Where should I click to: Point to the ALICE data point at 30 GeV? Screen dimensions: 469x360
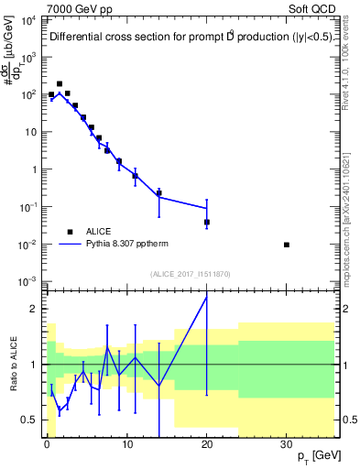point(287,245)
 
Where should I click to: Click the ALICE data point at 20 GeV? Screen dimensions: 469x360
point(207,222)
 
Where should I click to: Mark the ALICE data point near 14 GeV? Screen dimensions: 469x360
point(158,192)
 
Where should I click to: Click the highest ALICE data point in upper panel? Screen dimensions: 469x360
point(60,83)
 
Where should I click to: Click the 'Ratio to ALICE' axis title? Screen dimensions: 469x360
point(13,364)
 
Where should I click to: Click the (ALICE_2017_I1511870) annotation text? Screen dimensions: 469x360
point(191,274)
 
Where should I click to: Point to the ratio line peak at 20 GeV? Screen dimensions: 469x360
point(207,296)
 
